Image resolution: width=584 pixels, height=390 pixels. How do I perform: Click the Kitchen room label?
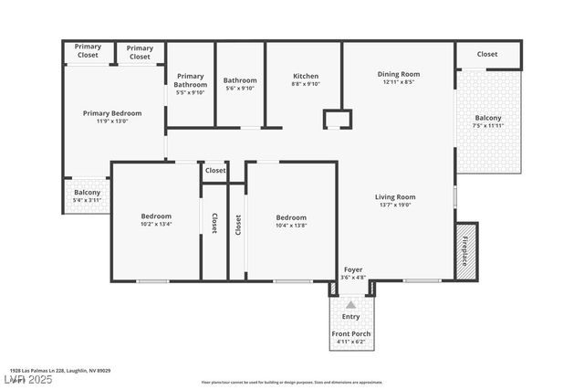coord(305,76)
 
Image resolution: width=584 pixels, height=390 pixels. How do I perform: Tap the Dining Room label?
coord(398,74)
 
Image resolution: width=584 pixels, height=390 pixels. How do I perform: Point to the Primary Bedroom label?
coord(112,113)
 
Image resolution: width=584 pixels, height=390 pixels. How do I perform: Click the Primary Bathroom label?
coord(190,80)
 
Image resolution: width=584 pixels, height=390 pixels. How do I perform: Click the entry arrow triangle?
coord(351,304)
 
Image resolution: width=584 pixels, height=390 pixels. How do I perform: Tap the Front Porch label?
coord(350,333)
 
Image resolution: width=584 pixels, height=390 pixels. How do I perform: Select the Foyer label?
coord(352,269)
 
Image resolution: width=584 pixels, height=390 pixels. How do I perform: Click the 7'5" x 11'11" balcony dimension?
coord(488,126)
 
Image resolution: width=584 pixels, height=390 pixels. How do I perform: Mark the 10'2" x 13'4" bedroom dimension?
coord(156,224)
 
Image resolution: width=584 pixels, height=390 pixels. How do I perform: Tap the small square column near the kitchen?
coord(337,120)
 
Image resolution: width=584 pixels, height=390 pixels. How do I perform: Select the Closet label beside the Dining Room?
coord(487,54)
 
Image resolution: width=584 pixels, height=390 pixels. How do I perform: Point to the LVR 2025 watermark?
coord(28,379)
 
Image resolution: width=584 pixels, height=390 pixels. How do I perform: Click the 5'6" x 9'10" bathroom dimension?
coord(240,88)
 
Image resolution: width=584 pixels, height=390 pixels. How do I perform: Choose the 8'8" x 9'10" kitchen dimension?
coord(305,84)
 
